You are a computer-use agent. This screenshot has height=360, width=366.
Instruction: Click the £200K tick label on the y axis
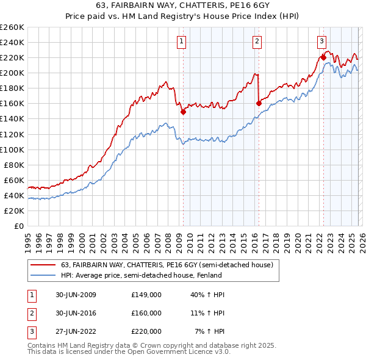tap(12, 73)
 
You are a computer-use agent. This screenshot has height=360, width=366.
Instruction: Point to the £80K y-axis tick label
tap(14, 165)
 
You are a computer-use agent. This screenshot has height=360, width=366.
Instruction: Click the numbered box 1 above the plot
tap(182, 41)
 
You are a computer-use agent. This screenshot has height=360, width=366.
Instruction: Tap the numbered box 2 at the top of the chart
tap(257, 41)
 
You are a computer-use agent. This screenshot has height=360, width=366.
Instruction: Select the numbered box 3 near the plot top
tap(321, 41)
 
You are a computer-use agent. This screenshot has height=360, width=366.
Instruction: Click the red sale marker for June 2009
tap(183, 112)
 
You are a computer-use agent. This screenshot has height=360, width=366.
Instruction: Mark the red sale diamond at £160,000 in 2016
tap(259, 103)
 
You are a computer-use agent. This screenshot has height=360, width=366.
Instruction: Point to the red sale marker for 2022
tap(323, 57)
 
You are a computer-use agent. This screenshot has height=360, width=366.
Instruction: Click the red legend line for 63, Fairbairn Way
tap(43, 265)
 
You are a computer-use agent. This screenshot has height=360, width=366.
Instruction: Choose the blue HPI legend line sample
tap(43, 275)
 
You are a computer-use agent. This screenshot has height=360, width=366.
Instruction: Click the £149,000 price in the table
tap(146, 295)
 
